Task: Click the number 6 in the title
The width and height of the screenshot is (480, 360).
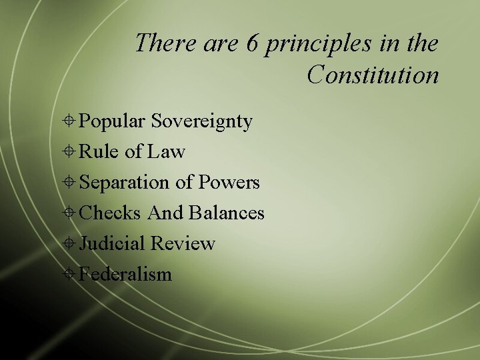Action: [x=251, y=44]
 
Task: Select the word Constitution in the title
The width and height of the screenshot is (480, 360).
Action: [x=373, y=75]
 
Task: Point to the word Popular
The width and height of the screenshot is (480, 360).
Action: [x=112, y=121]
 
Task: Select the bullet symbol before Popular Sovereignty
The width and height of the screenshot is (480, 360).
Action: [x=70, y=122]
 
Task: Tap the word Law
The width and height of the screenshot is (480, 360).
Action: [x=166, y=152]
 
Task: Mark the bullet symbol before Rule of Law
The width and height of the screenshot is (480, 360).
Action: [x=70, y=153]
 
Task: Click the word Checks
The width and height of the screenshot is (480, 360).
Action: [x=110, y=213]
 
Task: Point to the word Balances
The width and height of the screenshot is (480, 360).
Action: [x=227, y=213]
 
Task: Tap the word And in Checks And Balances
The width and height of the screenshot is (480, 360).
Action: [x=165, y=213]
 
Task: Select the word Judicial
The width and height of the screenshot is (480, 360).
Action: [x=112, y=244]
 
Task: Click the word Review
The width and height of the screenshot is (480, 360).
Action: [x=183, y=244]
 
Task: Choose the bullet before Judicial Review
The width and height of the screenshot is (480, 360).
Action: [x=70, y=244]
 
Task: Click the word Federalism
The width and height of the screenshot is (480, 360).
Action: [x=125, y=274]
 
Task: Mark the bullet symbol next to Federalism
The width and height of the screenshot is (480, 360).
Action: [x=70, y=275]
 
